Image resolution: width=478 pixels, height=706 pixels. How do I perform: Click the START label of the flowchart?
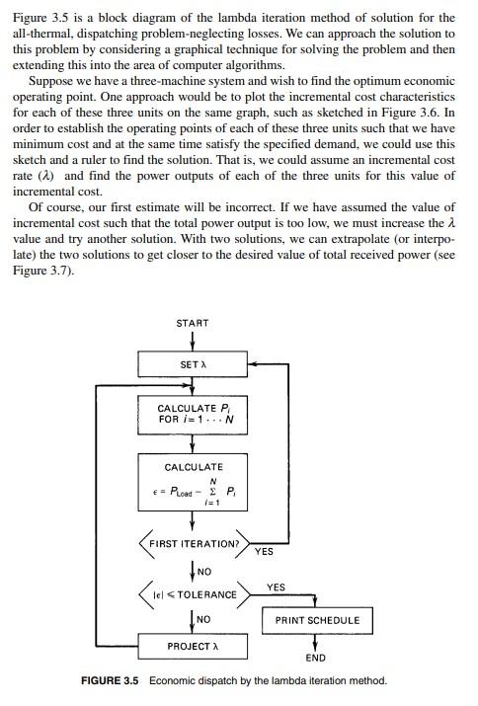(x=192, y=324)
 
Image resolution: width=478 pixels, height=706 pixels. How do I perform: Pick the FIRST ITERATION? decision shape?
(x=194, y=544)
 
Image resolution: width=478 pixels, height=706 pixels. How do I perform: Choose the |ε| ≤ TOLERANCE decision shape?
(x=194, y=594)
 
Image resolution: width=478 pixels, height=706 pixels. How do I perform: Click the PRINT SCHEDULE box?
(x=317, y=621)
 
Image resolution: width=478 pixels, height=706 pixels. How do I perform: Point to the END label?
(x=316, y=657)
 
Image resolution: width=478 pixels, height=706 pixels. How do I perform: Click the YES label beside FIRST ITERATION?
(x=264, y=551)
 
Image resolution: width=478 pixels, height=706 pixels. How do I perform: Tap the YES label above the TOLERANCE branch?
(x=277, y=588)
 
